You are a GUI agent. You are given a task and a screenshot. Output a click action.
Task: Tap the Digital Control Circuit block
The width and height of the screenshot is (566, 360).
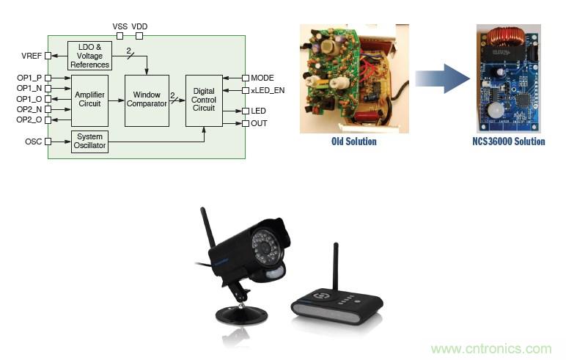pos(203,100)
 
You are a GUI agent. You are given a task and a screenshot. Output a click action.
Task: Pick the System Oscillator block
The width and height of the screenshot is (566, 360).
pos(90,142)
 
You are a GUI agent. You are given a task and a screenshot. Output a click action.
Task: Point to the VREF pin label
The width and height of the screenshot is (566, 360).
pos(31,56)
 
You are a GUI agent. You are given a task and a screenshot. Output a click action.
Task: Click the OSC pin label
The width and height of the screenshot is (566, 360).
pos(34,142)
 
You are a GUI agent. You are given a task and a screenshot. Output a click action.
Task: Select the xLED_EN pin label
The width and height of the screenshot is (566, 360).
pos(268,90)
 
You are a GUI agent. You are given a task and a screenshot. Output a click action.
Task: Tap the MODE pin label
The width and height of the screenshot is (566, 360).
pos(262,78)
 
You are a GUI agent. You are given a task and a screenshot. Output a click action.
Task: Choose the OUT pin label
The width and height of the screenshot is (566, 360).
pos(259,123)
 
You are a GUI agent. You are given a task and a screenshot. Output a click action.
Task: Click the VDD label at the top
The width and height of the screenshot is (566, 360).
pos(139,26)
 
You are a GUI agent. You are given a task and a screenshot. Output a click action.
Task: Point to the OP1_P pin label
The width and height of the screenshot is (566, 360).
pos(30,77)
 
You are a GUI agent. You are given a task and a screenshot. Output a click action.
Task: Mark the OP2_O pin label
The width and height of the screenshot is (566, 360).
pos(30,120)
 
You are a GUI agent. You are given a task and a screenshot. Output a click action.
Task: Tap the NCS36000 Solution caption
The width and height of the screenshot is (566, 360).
pos(509,141)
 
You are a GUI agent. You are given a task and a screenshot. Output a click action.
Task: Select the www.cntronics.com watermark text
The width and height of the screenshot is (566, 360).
pos(490,349)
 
